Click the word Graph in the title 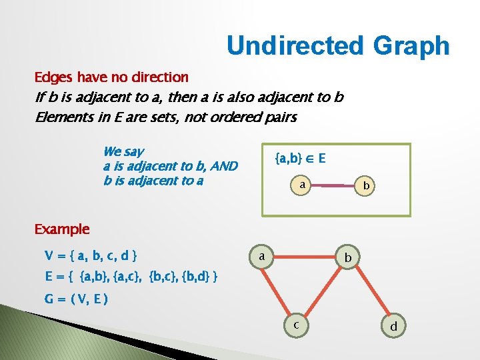(412, 46)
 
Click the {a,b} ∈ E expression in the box (301, 159)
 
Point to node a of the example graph (263, 256)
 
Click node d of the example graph (394, 327)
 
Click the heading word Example (61, 229)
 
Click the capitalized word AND (223, 166)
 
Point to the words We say (123, 152)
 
